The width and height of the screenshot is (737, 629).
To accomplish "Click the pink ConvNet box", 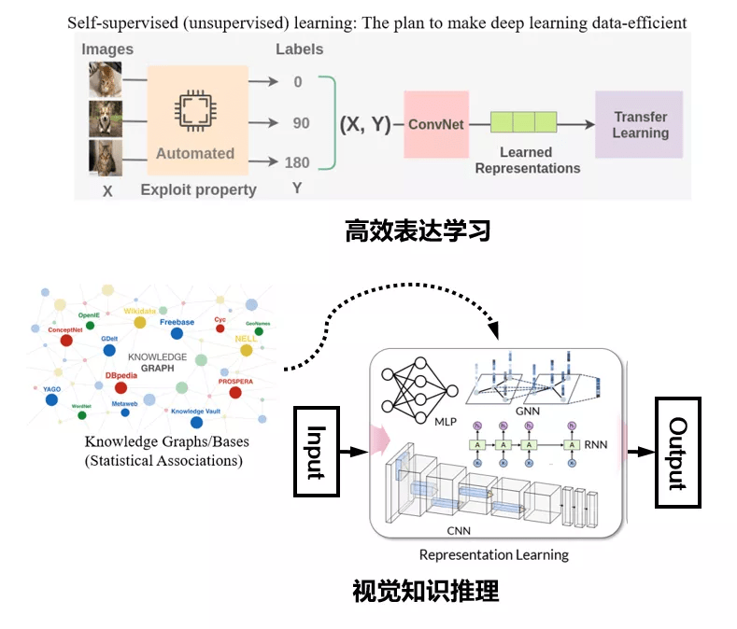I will coord(435,124).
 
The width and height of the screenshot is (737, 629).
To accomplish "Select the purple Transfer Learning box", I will coord(640,124).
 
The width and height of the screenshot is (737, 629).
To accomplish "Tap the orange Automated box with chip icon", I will coord(196,121).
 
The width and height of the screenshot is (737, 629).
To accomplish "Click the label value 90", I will coord(301,123).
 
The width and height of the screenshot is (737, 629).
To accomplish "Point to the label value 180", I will coord(297,162).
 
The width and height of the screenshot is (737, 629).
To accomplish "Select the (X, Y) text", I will coord(364,124).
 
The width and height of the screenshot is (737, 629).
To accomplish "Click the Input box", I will coord(315,453).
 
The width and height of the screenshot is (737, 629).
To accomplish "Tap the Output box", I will coord(677,453).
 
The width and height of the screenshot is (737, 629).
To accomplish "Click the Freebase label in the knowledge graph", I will coord(177,322).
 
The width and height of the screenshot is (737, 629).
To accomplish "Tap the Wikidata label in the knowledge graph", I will coord(140,311).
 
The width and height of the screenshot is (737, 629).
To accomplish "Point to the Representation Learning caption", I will coord(493,555).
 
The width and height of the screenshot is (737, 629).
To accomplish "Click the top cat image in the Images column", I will coord(106,79).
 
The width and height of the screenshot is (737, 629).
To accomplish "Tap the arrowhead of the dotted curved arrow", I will coord(495,332).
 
